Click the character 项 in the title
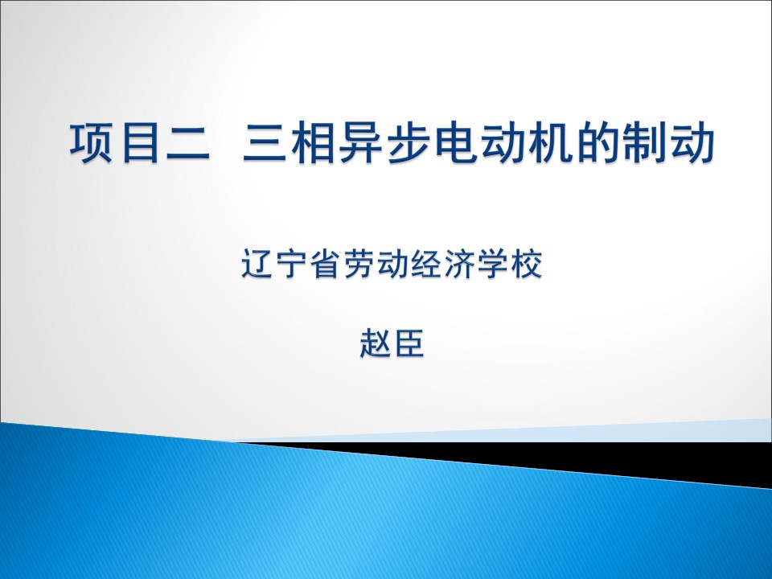pos(91,142)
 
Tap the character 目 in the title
pos(139,143)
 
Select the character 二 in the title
pos(188,144)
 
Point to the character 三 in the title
pos(265,143)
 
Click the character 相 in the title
pos(313,143)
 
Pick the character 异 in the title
pos(361,143)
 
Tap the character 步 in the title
pos(409,143)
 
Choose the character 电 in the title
pos(458,143)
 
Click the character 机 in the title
pos(554,143)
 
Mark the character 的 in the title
pos(602,143)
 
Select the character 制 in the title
pos(650,143)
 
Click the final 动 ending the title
pos(692,143)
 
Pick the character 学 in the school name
pos(492,264)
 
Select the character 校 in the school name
pos(526,264)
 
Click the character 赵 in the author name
pos(376,343)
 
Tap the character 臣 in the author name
pos(409,343)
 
